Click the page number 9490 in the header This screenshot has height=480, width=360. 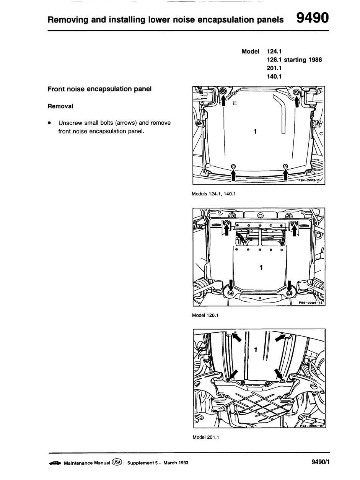pos(313,18)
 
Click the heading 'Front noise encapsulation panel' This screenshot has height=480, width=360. pos(99,89)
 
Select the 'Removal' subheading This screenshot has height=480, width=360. pos(60,106)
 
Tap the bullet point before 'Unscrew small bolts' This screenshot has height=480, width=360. pos(50,123)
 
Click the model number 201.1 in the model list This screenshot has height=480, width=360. pos(275,68)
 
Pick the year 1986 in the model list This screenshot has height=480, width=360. pos(314,60)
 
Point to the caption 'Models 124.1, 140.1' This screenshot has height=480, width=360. pos(213,194)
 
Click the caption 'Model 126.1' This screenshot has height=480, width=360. pos(205,316)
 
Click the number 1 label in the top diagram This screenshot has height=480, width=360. pos(255,132)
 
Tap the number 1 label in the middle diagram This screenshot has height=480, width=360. pos(261,267)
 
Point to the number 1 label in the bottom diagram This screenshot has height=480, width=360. pos(256,349)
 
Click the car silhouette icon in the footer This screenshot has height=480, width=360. pos(55,463)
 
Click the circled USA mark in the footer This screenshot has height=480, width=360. pos(117,462)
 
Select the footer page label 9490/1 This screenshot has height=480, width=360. pos(321,462)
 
